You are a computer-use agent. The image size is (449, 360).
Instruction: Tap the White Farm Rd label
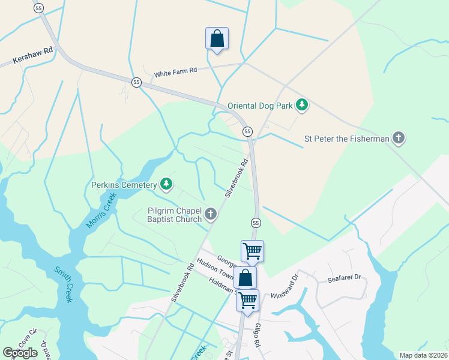point(175,72)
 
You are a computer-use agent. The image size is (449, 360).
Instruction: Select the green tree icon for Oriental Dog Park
point(303,106)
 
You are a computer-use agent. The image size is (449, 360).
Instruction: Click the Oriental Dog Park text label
point(260,106)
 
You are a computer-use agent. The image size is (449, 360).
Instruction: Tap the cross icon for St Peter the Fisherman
point(398,139)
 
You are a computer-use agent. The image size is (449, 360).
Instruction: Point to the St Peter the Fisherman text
point(346,139)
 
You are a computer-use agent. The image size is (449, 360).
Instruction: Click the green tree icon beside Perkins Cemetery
point(167,185)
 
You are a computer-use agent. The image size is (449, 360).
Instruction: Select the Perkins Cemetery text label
point(124,185)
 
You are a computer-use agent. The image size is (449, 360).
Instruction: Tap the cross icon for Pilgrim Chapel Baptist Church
point(211,214)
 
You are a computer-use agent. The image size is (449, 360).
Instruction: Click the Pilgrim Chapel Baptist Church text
point(175,215)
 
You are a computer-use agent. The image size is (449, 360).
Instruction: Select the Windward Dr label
point(285,286)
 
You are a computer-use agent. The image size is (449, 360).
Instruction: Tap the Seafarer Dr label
point(344,278)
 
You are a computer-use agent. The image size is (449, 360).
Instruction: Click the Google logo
point(20,353)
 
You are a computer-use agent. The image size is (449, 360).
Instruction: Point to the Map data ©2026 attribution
point(423,355)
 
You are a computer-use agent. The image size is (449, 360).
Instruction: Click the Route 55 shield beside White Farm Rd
point(137,82)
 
